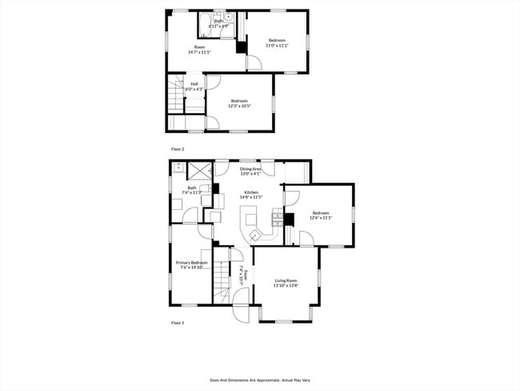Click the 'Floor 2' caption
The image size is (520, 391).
178,149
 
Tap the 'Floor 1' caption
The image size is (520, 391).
178,322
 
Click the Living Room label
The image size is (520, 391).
286,283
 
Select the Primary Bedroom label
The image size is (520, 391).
192,265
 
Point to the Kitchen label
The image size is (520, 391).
251,195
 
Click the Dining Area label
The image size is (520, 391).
251,171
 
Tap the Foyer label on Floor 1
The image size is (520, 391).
244,276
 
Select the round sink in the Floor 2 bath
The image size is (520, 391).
228,16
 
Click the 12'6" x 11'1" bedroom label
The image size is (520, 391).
320,216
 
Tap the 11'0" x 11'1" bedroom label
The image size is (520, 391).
277,43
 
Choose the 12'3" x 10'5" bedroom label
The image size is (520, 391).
238,103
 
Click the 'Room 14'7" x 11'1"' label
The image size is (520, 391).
199,50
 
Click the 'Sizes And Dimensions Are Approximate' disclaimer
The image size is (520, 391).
260,381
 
